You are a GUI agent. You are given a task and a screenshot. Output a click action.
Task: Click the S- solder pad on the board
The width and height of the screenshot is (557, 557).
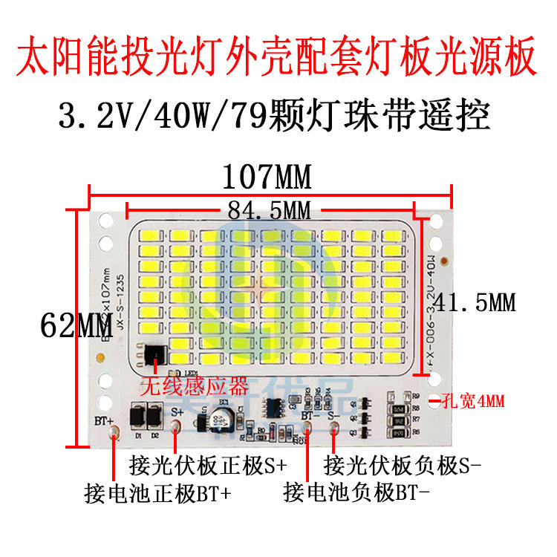(x=335, y=426)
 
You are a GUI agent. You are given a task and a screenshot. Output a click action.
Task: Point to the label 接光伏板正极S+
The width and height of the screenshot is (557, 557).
(x=208, y=466)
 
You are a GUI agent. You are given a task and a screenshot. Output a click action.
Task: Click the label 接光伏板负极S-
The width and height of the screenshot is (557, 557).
(x=403, y=466)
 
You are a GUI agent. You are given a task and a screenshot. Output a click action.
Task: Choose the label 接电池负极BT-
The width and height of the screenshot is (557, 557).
(x=356, y=493)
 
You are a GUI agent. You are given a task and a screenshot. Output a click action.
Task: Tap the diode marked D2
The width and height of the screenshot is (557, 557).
(x=154, y=414)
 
